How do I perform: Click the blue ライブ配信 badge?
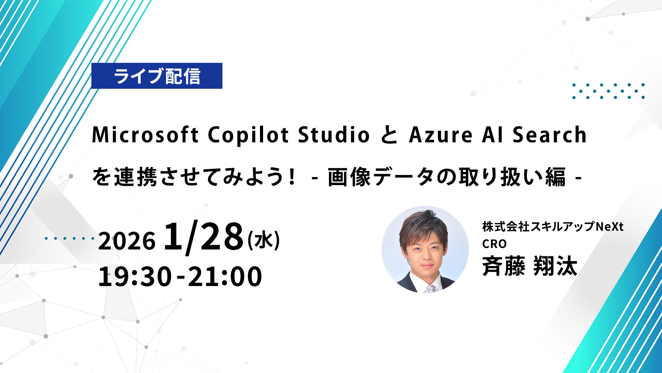click(157, 76)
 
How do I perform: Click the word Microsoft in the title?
click(146, 134)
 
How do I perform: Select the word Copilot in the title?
click(248, 135)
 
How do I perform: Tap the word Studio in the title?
click(334, 134)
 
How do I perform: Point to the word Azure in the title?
click(441, 135)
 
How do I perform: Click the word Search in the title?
click(550, 134)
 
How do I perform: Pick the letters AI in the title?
click(493, 134)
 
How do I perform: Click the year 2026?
click(127, 241)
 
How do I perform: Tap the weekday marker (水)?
click(264, 240)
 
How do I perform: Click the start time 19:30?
click(135, 277)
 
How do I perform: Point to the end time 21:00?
click(225, 277)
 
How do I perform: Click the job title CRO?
click(494, 244)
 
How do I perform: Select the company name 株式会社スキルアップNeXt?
click(553, 227)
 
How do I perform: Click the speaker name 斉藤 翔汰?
click(530, 266)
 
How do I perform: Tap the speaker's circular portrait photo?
click(425, 250)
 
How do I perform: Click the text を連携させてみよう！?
click(194, 177)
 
